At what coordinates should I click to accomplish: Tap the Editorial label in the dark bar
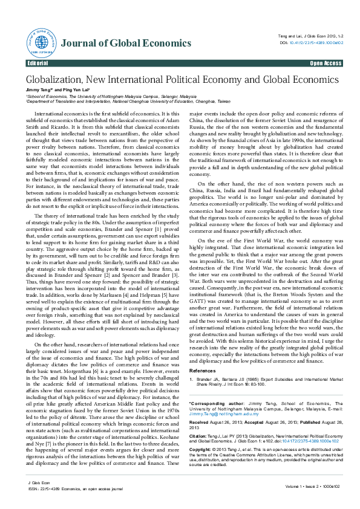click(38, 63)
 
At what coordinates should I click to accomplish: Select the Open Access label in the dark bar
click(325, 63)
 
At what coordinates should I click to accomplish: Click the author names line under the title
click(58, 90)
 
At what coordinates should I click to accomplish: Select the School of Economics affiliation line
click(110, 96)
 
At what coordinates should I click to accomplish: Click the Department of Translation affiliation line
click(127, 102)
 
